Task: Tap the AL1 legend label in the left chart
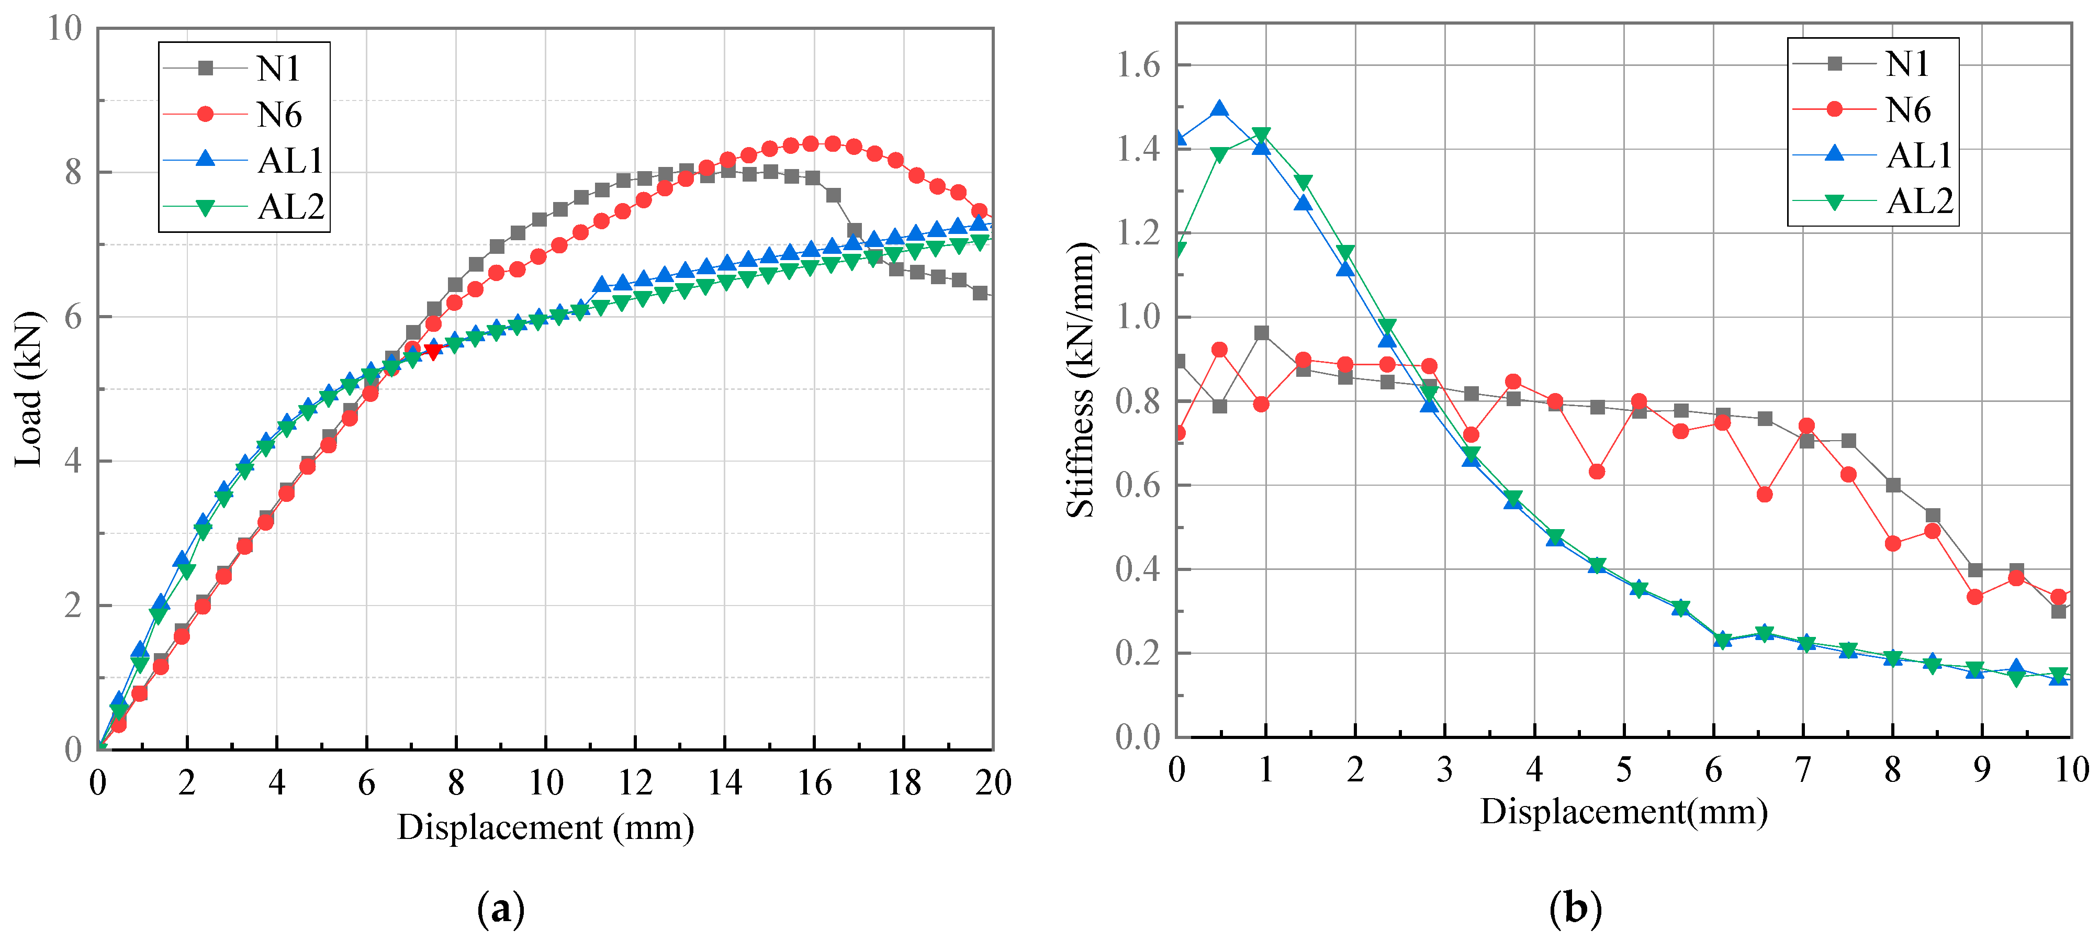point(290,161)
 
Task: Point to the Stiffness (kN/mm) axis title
point(1081,379)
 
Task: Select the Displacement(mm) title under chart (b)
point(1623,811)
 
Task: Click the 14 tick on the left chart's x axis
point(724,783)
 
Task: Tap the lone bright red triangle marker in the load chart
point(433,351)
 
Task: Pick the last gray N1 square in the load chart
point(980,293)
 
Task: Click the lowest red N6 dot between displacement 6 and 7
point(1764,495)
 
